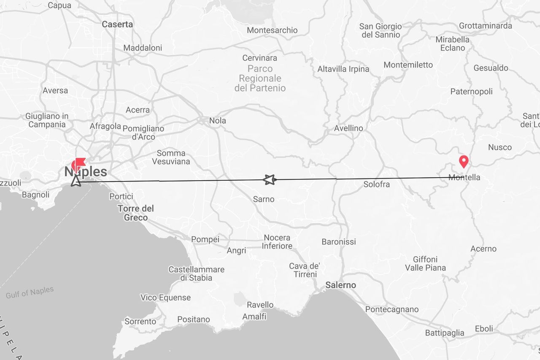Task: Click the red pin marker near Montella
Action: point(464,161)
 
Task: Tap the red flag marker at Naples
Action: point(79,163)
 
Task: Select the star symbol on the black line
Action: point(269,180)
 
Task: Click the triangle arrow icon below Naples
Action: point(76,181)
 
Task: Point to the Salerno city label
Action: point(340,285)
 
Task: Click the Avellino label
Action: point(348,128)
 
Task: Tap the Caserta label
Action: point(117,24)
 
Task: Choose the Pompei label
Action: point(205,239)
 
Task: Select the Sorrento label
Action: point(140,321)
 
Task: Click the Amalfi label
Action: point(254,316)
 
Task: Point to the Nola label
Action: point(218,120)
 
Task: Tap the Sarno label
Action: point(264,199)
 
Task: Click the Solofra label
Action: point(377,184)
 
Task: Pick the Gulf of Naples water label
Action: point(30,292)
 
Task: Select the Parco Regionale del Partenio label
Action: point(260,78)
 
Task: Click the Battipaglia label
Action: point(445,333)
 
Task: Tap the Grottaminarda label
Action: point(486,25)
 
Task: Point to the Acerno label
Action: point(483,249)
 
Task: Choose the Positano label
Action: point(194,319)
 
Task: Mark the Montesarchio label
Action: point(272,30)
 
